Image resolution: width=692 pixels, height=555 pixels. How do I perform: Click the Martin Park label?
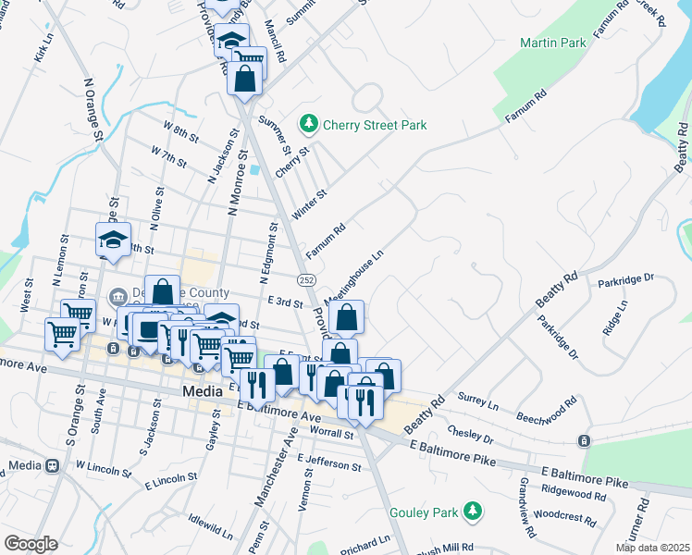pos(553,43)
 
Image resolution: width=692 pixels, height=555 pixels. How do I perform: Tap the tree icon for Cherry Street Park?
pos(308,124)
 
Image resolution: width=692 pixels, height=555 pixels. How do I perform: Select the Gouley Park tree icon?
pos(474,511)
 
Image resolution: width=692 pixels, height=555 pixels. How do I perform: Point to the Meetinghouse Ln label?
pos(353,267)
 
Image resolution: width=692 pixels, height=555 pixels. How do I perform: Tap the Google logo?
pos(31,544)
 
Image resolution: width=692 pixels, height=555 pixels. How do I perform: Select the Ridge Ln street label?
pos(614,316)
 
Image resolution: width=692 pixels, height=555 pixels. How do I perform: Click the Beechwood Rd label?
pos(547,408)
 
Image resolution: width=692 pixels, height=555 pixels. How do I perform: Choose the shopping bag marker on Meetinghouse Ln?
pos(346,317)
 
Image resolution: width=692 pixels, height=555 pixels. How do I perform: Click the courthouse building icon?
pos(118,297)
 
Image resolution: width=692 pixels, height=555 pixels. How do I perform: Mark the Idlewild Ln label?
pos(210,525)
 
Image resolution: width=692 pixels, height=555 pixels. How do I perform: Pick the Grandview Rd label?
pos(526,508)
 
